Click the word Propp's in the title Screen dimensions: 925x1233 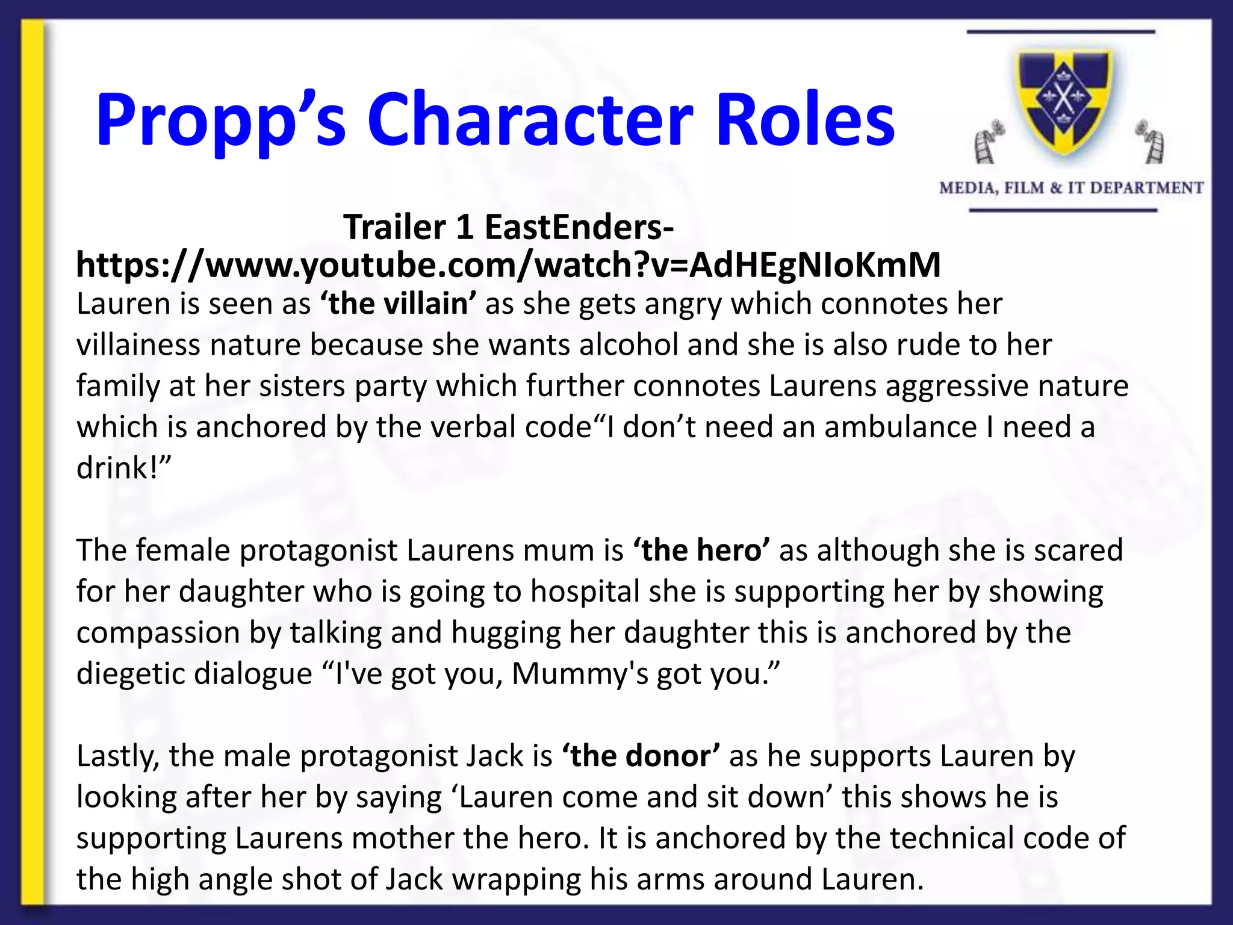click(220, 120)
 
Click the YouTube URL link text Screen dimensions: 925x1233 click(508, 265)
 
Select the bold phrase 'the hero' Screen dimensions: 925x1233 click(701, 550)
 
